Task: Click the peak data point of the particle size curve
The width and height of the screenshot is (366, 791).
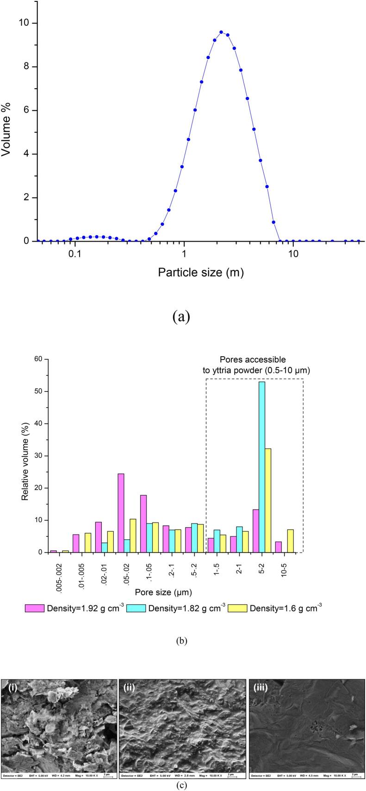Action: (221, 32)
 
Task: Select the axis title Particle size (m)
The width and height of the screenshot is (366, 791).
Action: (200, 273)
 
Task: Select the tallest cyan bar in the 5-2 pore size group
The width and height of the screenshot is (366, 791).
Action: (262, 467)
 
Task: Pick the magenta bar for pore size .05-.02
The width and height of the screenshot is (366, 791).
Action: (121, 513)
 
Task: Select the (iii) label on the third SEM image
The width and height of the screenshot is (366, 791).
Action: (260, 687)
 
